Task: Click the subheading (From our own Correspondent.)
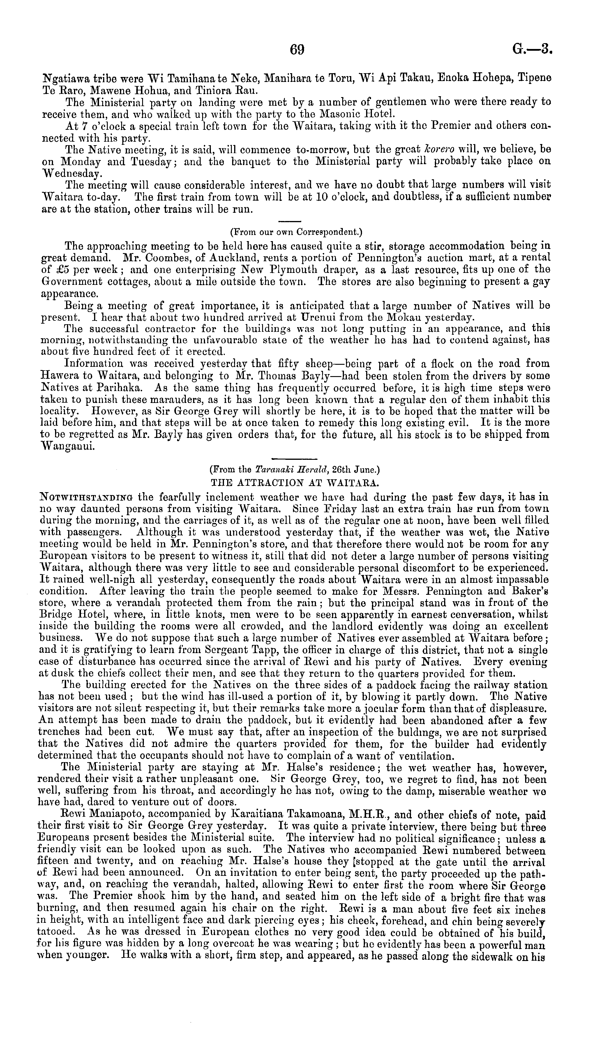pyautogui.click(x=296, y=232)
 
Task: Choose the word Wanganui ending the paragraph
pyautogui.click(x=68, y=447)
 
